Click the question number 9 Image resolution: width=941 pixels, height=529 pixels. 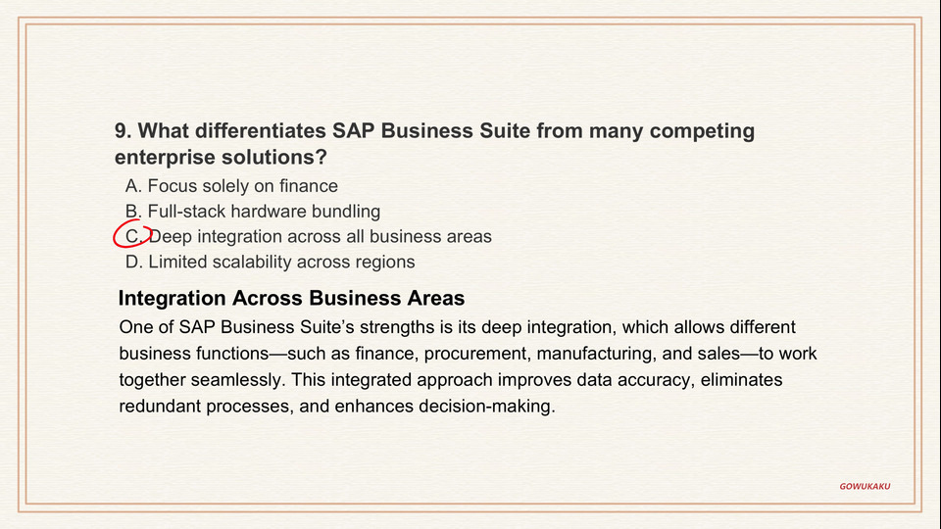(123, 130)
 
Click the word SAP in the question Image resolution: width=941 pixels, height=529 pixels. (354, 130)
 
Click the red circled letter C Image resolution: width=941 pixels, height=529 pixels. (132, 236)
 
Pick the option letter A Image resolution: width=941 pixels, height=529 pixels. (133, 186)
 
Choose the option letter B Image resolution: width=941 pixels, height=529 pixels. (133, 212)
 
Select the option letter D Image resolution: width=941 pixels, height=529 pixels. (134, 262)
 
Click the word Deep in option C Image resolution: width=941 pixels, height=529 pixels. (171, 237)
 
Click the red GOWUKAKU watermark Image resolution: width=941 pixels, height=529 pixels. (865, 487)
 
